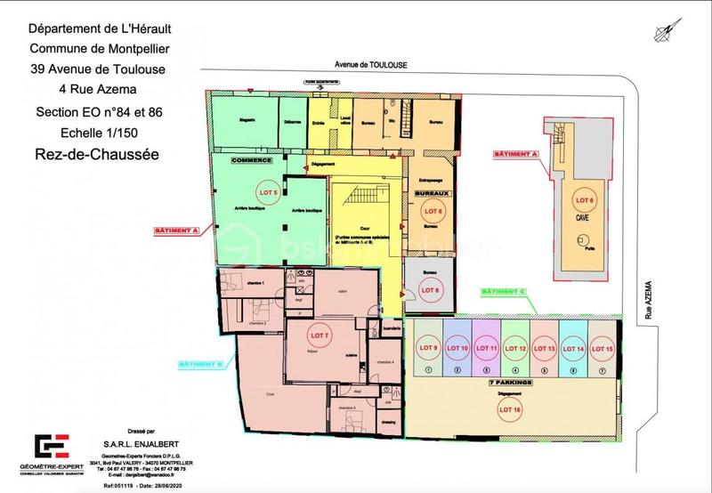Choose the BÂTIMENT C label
click(503, 293)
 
